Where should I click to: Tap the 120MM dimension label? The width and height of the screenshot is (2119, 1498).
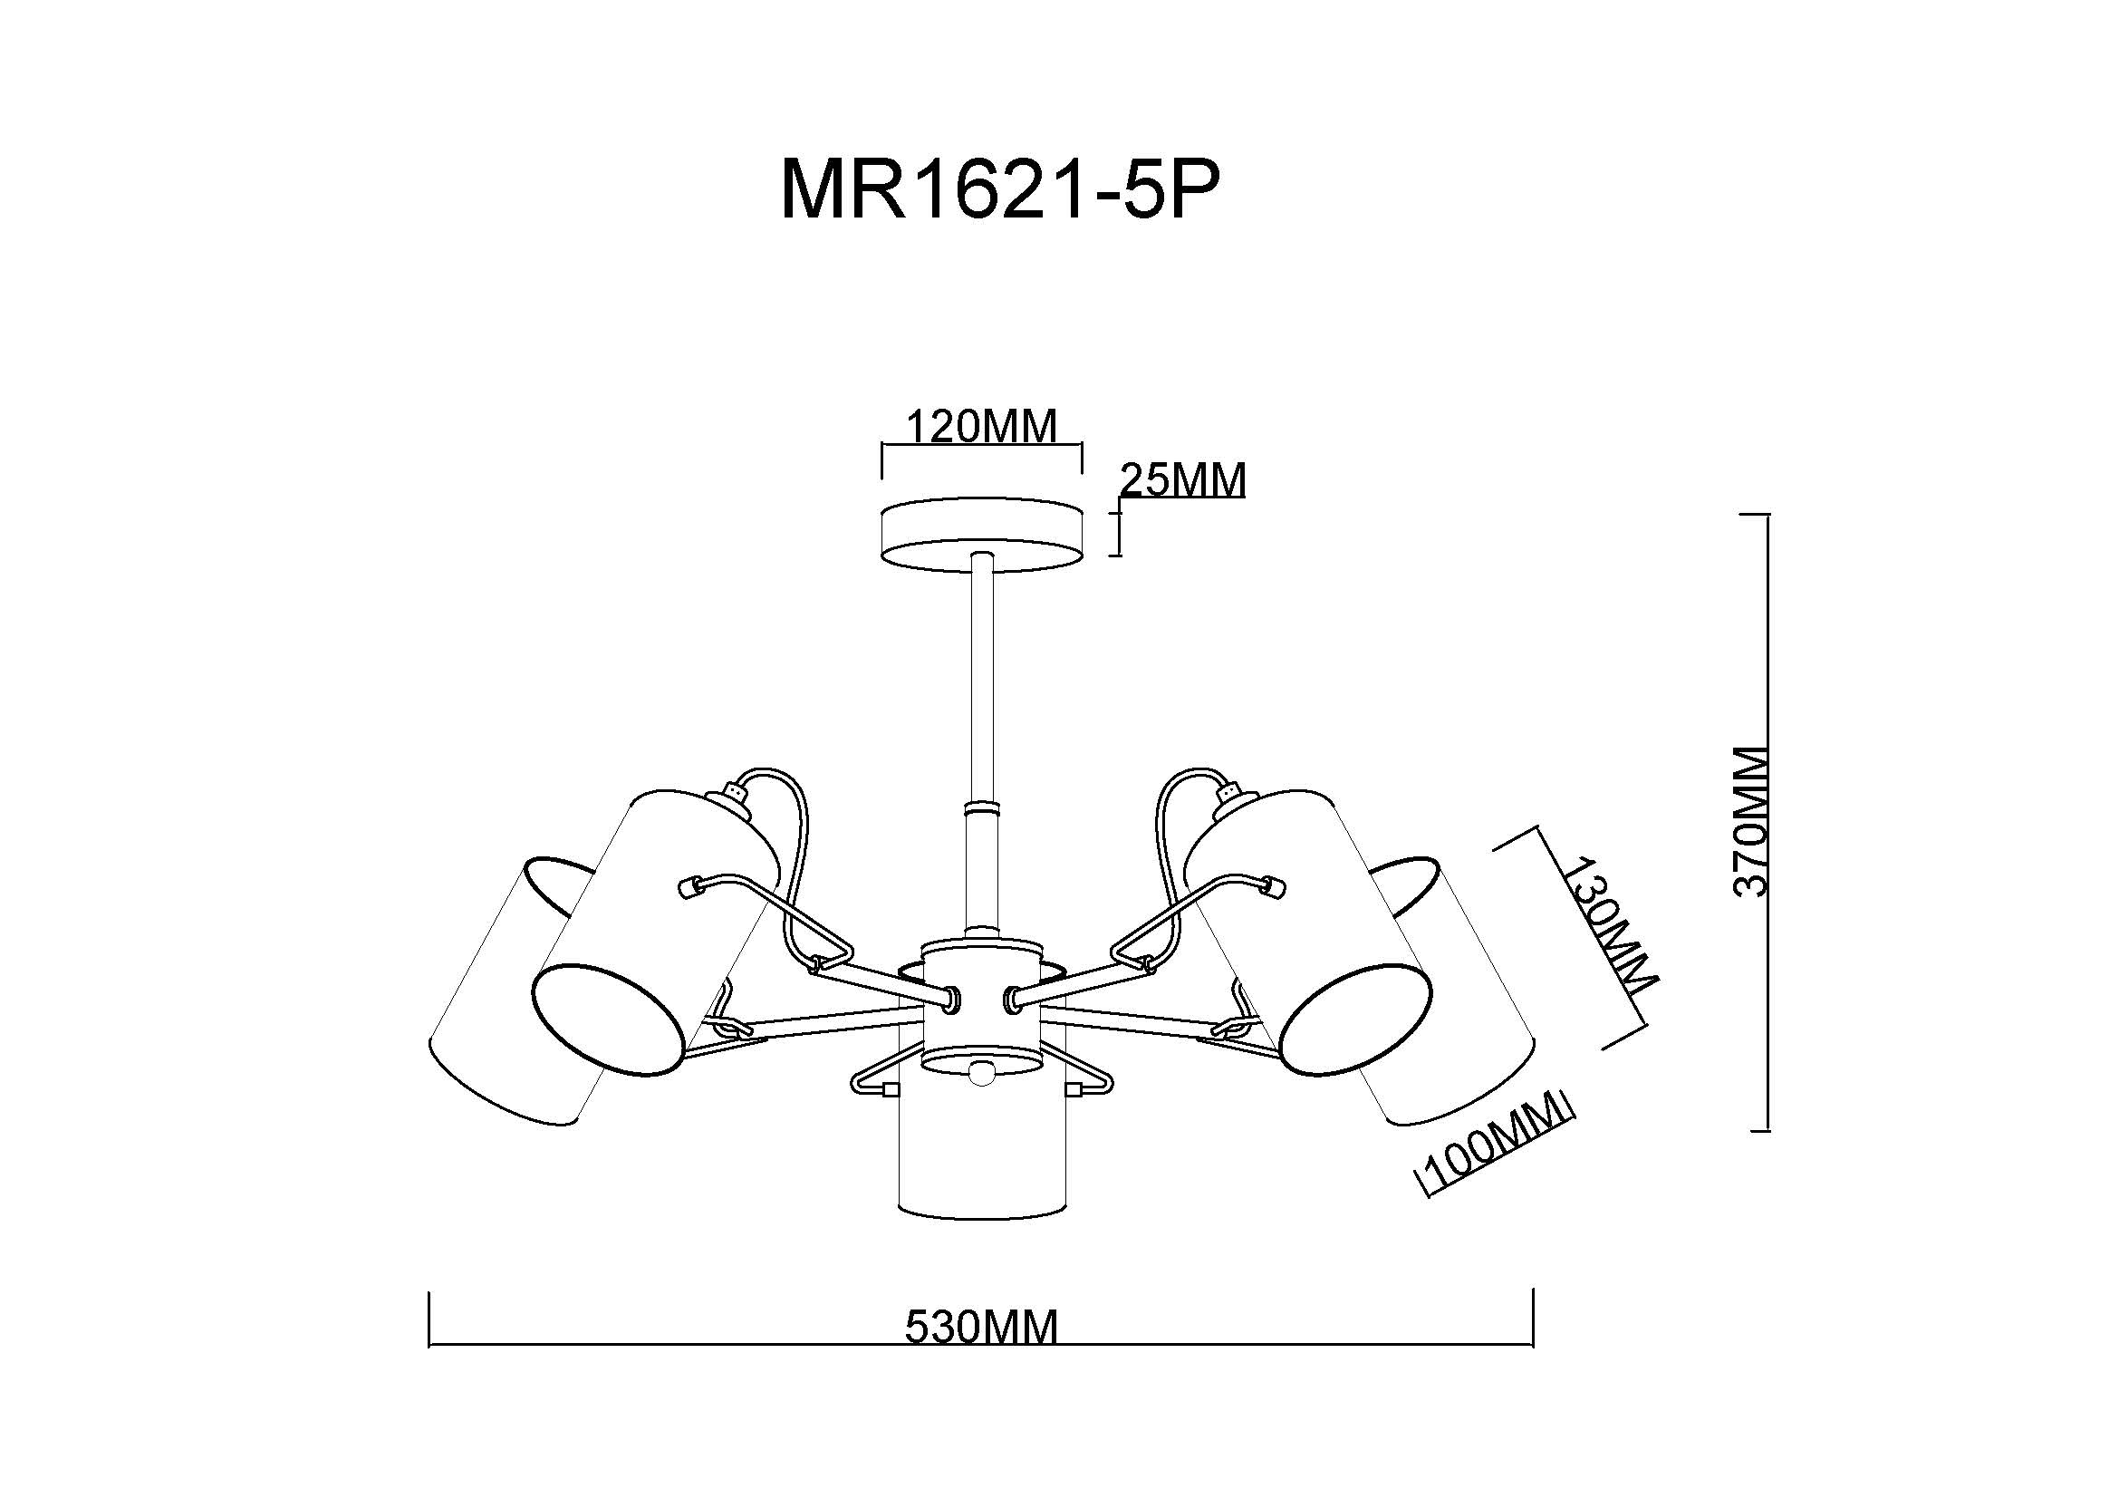tap(980, 428)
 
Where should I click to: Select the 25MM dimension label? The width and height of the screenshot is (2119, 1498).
tap(1182, 480)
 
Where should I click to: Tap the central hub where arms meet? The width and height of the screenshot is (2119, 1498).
tap(982, 997)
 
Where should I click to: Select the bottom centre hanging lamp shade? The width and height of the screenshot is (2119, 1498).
tap(982, 1154)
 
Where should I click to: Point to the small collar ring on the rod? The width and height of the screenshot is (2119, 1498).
tap(982, 808)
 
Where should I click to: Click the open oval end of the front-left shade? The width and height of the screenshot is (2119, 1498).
tap(609, 1020)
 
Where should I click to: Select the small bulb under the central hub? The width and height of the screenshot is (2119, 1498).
tap(982, 1072)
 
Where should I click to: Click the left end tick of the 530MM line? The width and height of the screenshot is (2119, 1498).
tap(430, 1319)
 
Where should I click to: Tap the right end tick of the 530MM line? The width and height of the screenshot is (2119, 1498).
tap(1533, 1319)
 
